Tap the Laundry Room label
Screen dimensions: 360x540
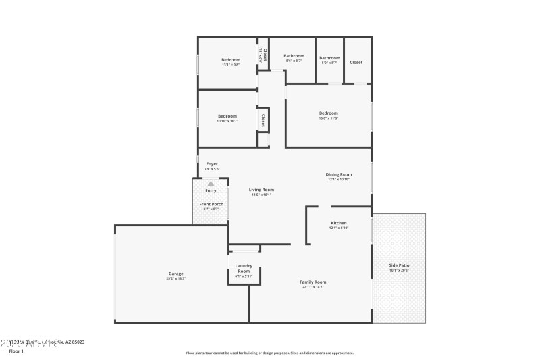244,268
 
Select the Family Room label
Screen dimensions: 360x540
313,282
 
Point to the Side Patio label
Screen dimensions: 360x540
399,265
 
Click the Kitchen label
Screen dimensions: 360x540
339,223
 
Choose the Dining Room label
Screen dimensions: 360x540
338,174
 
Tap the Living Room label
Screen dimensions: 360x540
261,190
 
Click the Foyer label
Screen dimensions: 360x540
212,163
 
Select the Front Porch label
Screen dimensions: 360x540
211,204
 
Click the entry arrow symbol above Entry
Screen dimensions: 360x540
211,183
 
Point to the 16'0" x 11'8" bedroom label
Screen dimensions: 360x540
329,113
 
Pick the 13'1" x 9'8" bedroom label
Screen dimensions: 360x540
231,60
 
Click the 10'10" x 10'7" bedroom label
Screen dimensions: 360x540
227,115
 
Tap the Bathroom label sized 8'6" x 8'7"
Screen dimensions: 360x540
294,56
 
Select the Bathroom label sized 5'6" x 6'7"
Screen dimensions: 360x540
330,58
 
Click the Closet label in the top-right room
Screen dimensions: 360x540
356,62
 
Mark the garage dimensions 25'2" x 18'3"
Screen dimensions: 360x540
176,278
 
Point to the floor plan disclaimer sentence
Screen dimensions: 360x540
269,353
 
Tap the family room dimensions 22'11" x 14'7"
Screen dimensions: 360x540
313,287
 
